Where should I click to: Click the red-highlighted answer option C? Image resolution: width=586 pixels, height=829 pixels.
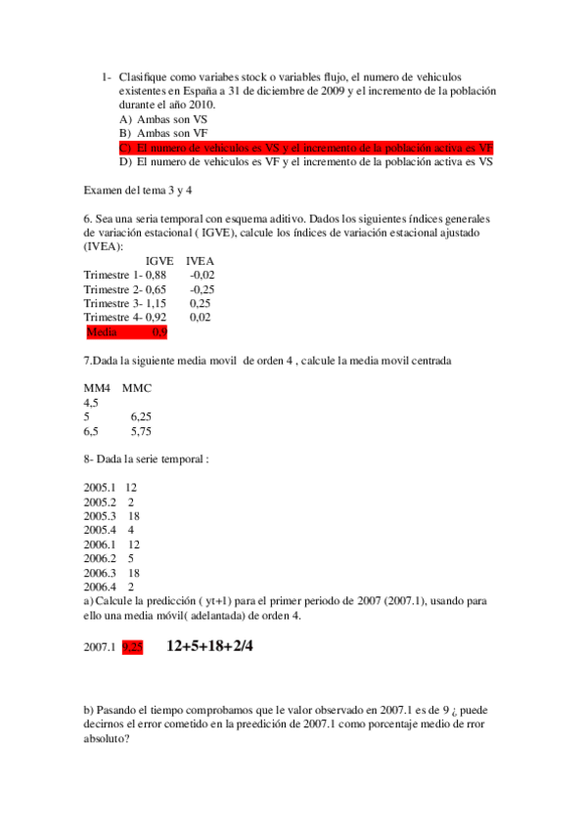[x=305, y=148]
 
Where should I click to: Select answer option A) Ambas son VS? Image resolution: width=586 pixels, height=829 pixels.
[x=163, y=118]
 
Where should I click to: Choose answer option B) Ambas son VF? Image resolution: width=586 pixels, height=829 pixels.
[x=163, y=133]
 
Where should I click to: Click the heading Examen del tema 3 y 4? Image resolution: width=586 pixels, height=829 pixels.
[x=138, y=191]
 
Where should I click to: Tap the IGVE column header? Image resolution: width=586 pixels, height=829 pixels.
[x=159, y=261]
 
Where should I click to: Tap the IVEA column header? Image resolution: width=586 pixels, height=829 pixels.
[x=200, y=261]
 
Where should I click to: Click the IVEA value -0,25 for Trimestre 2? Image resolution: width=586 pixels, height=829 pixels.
[x=203, y=289]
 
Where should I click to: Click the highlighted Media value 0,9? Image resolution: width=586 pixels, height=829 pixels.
[x=160, y=332]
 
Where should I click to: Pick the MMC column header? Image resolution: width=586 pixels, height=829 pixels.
[x=137, y=388]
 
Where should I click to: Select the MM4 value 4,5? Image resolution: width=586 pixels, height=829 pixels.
[x=91, y=402]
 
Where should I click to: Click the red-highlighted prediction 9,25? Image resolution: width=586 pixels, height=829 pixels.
[x=132, y=646]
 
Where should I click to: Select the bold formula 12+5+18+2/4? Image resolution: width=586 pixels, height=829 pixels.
[x=210, y=646]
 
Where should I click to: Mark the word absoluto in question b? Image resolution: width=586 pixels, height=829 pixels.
[x=107, y=739]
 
